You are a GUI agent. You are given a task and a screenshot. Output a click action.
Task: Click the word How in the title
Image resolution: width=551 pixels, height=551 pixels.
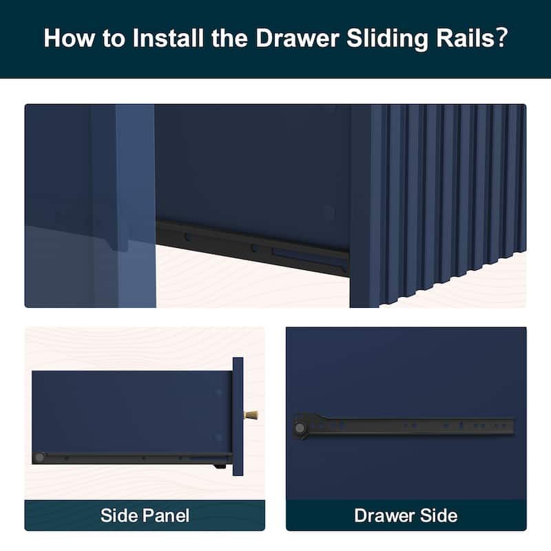coord(68,38)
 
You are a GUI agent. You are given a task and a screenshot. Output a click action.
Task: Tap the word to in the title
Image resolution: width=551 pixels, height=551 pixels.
coord(112,38)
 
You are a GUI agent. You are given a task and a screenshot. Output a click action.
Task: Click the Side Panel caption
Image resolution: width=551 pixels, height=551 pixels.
coord(145,515)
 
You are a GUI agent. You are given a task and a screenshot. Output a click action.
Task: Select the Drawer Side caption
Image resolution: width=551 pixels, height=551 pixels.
coord(406,515)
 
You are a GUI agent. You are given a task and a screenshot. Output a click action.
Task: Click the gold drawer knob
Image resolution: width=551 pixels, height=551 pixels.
coord(251,415)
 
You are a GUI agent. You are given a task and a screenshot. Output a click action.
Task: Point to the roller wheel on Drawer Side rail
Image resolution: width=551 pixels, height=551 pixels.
coord(301,427)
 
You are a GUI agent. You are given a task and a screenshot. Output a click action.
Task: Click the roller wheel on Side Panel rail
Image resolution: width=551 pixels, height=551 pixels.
coord(40,457)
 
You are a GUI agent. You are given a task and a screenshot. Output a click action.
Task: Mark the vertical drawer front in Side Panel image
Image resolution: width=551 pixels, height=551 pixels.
coord(238,417)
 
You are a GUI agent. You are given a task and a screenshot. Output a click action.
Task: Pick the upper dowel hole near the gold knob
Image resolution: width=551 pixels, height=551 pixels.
coord(219,393)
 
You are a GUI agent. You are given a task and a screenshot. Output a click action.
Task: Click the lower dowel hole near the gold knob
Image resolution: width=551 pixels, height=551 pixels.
coord(219,437)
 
